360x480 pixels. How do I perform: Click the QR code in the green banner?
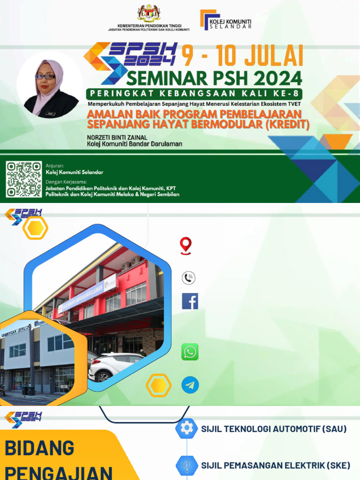pos(23,179)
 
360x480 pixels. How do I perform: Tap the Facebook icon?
pos(190,301)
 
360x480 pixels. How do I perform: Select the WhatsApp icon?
pos(190,352)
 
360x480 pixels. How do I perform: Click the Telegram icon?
pos(190,385)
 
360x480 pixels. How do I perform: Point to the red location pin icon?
pos(186,246)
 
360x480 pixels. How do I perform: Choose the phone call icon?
pos(188,278)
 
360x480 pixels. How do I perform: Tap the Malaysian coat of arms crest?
pos(149,14)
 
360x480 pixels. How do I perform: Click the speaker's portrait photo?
pos(50,85)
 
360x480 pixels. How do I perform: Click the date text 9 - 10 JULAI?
pos(242,56)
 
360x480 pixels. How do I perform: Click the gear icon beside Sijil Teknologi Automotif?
pos(187,428)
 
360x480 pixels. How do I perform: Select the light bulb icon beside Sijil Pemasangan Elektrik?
pos(187,465)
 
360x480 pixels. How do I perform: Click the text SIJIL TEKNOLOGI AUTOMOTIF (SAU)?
pos(274,429)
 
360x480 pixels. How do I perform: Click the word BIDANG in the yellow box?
pos(39,449)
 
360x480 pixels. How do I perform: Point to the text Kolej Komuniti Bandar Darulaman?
pos(135,144)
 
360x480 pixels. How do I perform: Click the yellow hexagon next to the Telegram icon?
pos(158,385)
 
